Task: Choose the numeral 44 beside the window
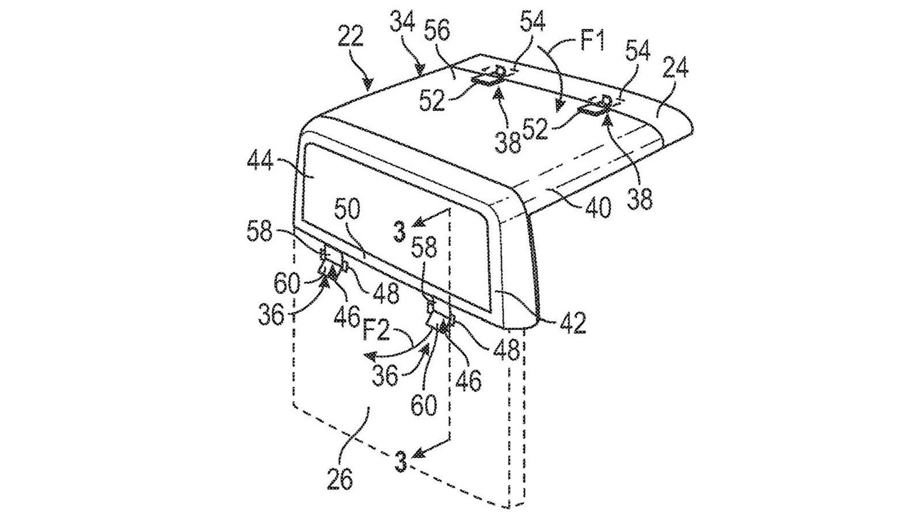[x=260, y=161]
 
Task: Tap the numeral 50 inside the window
[x=346, y=210]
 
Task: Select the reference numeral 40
[x=598, y=209]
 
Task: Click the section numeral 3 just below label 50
[x=399, y=231]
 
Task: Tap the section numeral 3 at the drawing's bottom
[x=400, y=461]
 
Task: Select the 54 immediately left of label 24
[x=638, y=52]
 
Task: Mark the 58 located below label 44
[x=260, y=232]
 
